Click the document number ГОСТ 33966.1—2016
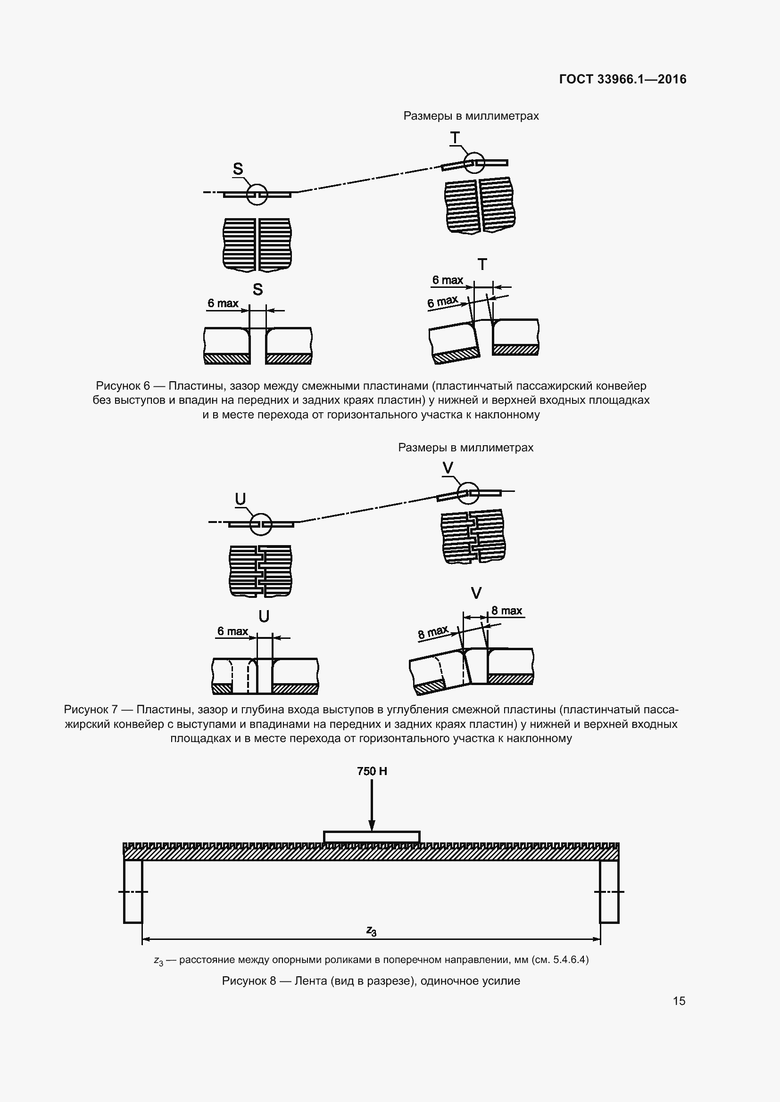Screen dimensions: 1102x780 pos(622,79)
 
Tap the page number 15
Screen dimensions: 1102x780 pos(679,1001)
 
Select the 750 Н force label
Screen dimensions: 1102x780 pos(372,771)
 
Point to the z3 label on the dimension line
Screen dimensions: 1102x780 pos(371,931)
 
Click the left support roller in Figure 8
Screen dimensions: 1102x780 pos(133,891)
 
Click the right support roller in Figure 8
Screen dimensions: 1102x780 pos(609,891)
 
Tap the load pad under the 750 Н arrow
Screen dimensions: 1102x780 pos(372,837)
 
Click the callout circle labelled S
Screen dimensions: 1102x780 pos(257,195)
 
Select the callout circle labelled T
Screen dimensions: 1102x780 pos(473,163)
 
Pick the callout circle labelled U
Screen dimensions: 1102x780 pos(261,524)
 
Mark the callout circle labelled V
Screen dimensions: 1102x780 pos(467,493)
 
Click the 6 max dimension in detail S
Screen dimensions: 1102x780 pos(223,303)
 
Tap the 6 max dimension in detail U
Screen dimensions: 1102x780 pos(232,631)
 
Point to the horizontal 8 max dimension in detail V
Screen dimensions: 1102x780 pos(506,611)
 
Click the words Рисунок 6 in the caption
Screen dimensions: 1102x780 pos(123,386)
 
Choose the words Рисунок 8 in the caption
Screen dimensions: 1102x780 pos(249,980)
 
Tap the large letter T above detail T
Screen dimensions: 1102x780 pos(482,264)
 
